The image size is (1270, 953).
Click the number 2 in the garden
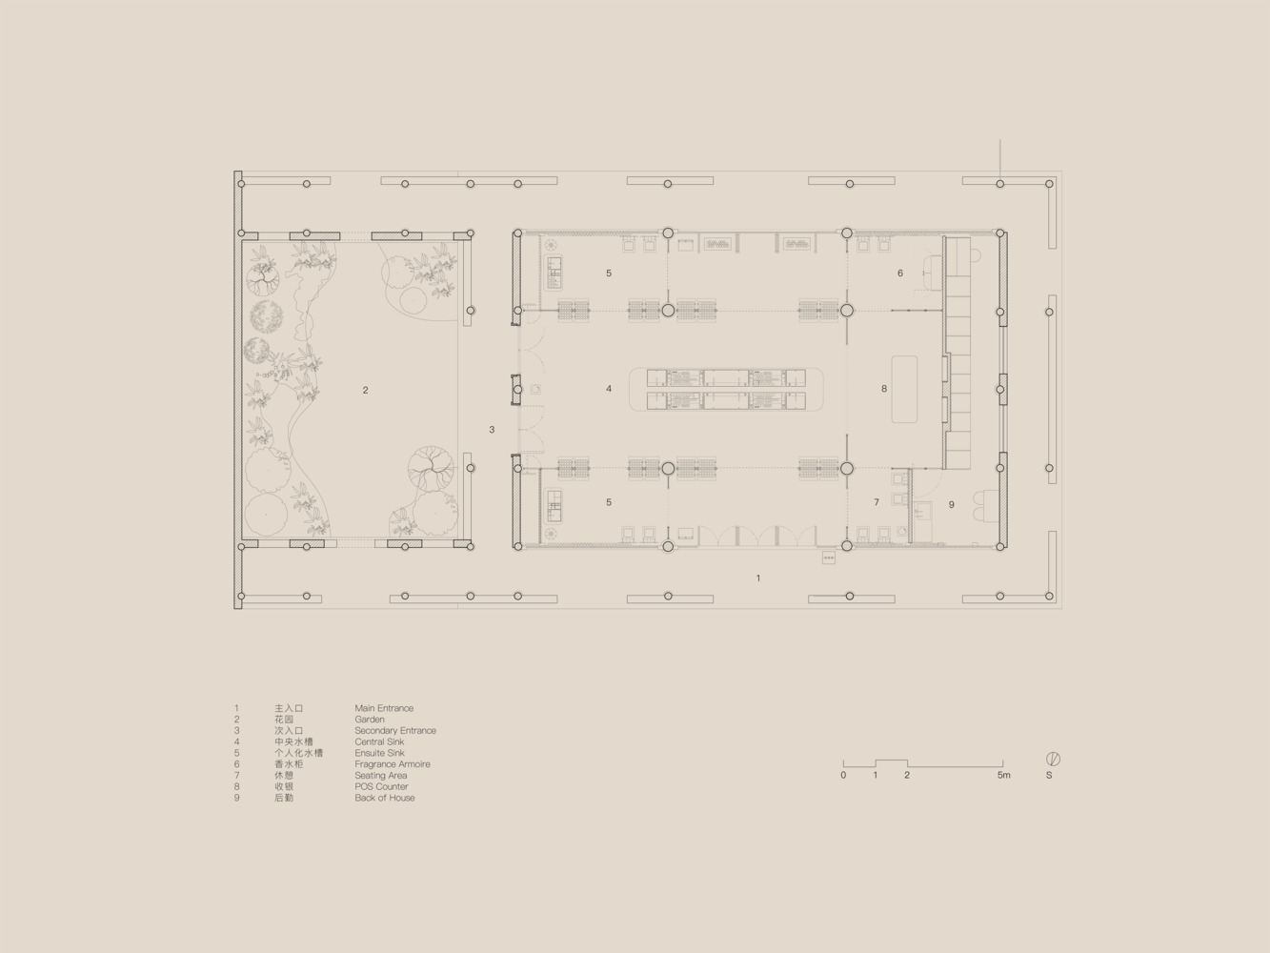[365, 391]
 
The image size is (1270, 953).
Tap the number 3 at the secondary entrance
[492, 430]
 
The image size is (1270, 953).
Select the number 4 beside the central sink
[609, 389]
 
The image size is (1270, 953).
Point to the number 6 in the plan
[900, 274]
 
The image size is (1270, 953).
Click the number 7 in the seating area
[877, 502]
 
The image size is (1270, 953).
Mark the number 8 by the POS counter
[884, 389]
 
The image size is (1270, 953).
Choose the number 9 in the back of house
[952, 505]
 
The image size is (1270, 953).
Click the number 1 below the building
[758, 578]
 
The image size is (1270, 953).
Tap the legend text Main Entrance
[384, 708]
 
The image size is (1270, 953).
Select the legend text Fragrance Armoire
[393, 764]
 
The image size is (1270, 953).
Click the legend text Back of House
[385, 798]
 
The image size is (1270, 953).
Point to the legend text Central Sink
[379, 741]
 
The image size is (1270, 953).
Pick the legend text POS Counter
[381, 787]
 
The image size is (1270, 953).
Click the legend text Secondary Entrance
[395, 731]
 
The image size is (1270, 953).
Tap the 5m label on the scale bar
[1004, 776]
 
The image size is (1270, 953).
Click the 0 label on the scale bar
[843, 776]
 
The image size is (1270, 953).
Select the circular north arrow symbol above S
[1053, 760]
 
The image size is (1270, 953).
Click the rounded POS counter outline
[904, 356]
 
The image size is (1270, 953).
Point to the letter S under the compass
[1049, 776]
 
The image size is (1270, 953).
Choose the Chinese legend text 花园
[284, 720]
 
